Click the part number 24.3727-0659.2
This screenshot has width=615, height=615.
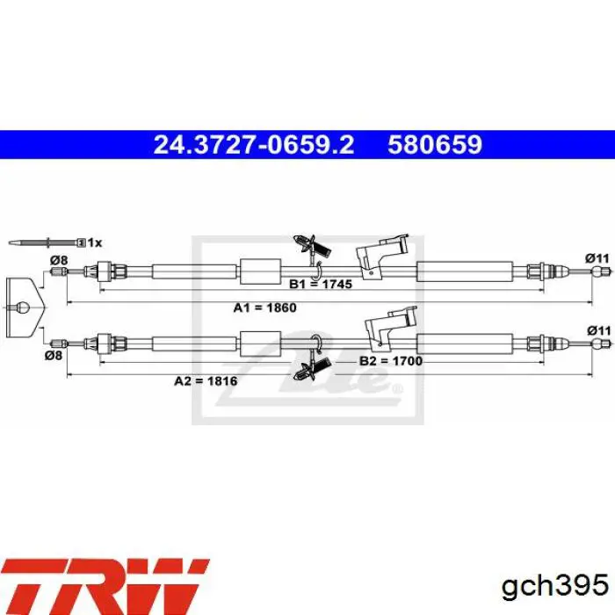point(254,145)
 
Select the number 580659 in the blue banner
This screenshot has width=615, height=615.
point(435,145)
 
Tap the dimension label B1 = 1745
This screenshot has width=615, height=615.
point(321,284)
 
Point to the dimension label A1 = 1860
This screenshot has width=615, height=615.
point(265,307)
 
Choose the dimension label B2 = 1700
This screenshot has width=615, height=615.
point(391,361)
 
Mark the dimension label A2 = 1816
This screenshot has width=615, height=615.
point(206,380)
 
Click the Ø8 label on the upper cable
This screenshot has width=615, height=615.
point(59,260)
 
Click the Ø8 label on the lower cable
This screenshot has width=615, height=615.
point(54,356)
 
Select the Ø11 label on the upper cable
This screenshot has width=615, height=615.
point(597,258)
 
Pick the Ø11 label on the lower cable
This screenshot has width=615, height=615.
point(599,330)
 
